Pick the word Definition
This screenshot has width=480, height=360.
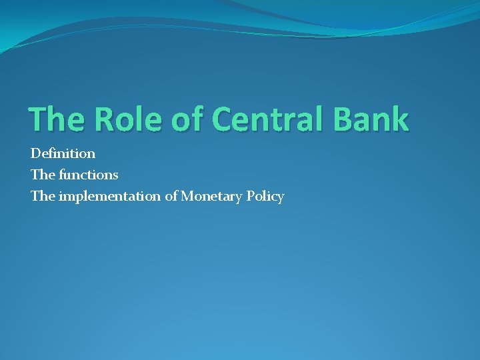(63, 153)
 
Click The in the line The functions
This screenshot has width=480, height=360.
(41, 175)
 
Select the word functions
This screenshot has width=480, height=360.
(87, 175)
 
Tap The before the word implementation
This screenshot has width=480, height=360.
(41, 197)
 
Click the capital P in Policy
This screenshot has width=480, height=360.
(253, 197)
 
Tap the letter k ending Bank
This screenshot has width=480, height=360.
(399, 120)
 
